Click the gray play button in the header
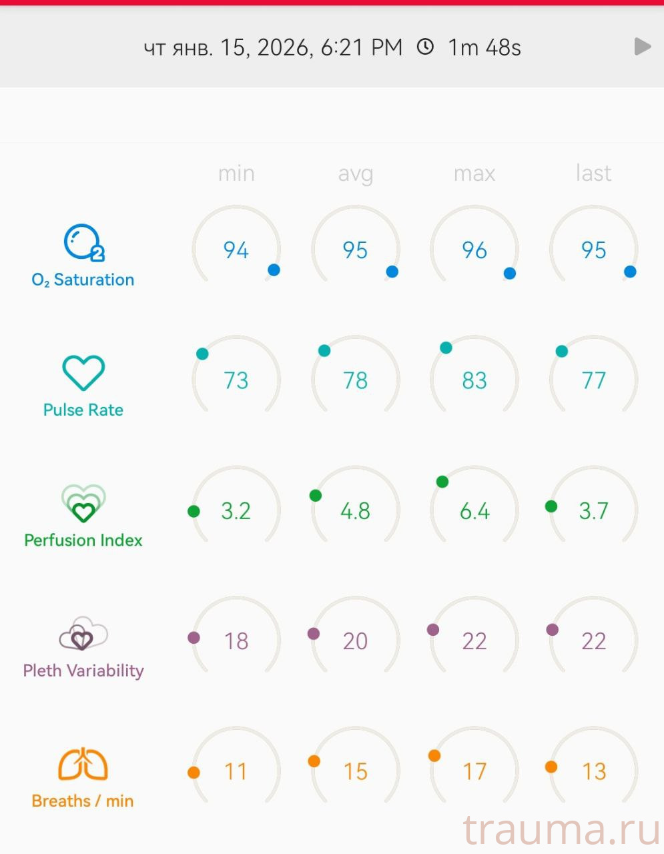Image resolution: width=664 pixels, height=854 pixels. (x=642, y=47)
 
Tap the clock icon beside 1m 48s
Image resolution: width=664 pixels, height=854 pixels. (x=425, y=47)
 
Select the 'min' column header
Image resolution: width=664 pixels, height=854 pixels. (x=236, y=173)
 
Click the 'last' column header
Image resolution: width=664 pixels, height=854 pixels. (x=593, y=173)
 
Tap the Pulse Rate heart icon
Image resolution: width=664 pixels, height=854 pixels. (x=83, y=372)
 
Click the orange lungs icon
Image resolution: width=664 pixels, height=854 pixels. (x=83, y=765)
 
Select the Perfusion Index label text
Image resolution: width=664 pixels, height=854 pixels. (x=83, y=540)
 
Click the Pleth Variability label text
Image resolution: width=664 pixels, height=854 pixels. (x=83, y=671)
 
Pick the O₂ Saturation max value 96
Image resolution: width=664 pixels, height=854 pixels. (x=474, y=250)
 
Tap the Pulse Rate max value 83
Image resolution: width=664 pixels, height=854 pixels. (x=474, y=380)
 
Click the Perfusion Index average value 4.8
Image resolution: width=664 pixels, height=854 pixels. (x=355, y=511)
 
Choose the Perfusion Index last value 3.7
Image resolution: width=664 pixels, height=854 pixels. (x=593, y=511)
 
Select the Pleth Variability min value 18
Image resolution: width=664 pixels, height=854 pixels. (x=236, y=641)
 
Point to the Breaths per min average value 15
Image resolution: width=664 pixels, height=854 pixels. (x=355, y=772)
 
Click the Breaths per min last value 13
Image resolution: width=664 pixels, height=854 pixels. (x=593, y=772)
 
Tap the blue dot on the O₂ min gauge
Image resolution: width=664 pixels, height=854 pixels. (x=274, y=270)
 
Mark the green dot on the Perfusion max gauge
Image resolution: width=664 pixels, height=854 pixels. (x=442, y=482)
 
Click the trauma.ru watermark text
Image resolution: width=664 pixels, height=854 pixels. (x=561, y=831)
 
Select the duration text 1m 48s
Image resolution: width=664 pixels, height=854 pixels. (x=484, y=47)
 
